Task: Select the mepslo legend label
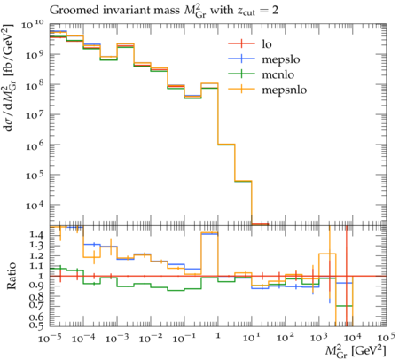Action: pyautogui.click(x=281, y=59)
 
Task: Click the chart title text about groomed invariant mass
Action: pyautogui.click(x=164, y=11)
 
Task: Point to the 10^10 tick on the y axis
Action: pyautogui.click(x=33, y=25)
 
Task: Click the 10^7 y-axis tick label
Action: pyautogui.click(x=35, y=115)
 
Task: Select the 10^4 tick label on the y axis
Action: pyautogui.click(x=35, y=205)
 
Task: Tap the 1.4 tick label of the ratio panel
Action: pyautogui.click(x=36, y=235)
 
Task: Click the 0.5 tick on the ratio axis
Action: pyautogui.click(x=36, y=325)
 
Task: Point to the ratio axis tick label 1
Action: pyautogui.click(x=41, y=276)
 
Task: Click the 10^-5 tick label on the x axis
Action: pyautogui.click(x=50, y=338)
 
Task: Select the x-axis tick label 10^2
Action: pyautogui.click(x=286, y=338)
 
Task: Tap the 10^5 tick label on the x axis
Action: pyautogui.click(x=386, y=338)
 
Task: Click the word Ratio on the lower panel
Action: pyautogui.click(x=12, y=276)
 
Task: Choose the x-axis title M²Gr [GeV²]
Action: pyautogui.click(x=356, y=351)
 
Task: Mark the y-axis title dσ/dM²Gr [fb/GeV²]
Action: pyautogui.click(x=9, y=78)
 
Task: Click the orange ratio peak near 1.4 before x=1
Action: pyautogui.click(x=209, y=233)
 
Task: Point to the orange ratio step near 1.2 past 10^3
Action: pyautogui.click(x=327, y=254)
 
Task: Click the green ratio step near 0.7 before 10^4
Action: pyautogui.click(x=344, y=306)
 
